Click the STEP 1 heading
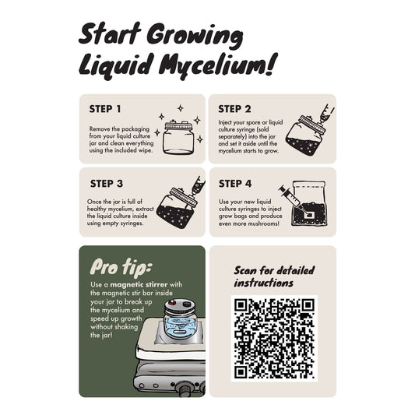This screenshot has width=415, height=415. (105, 109)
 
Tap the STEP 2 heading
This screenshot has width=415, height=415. (234, 109)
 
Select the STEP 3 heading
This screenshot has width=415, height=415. (107, 184)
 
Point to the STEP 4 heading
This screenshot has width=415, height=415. (235, 184)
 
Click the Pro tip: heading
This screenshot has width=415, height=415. (120, 267)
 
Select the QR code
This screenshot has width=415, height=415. (274, 339)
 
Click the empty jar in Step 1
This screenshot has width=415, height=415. (178, 137)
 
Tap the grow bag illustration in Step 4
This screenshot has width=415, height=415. (308, 203)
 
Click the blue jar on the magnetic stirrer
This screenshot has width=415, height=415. (180, 322)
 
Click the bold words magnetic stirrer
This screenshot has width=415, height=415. (139, 285)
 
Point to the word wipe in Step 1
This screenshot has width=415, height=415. (145, 150)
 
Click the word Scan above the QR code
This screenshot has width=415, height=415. (245, 270)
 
